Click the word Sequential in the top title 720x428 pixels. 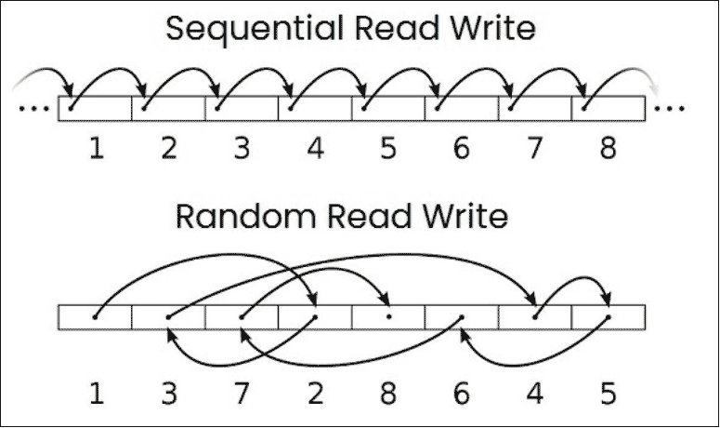pos(255,28)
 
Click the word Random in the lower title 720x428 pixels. pos(245,216)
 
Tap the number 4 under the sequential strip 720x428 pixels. pos(316,149)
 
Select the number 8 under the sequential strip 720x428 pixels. pos(608,149)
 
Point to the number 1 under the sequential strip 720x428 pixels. pos(96,149)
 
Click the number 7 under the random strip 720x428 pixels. pos(242,394)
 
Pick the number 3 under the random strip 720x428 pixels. pos(169,394)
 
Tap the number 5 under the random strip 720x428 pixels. pos(608,394)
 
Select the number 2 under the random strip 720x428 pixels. pos(316,394)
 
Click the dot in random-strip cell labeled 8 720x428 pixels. pos(388,316)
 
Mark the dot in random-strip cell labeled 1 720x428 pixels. pos(95,317)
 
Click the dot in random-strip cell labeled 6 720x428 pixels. pos(462,316)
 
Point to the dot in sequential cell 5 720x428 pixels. pos(363,109)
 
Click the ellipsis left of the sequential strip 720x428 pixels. pos(34,109)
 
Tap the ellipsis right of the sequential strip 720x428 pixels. pos(669,109)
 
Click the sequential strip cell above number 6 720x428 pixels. pos(462,109)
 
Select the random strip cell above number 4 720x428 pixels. pos(535,317)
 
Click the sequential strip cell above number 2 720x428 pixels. pos(168,109)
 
